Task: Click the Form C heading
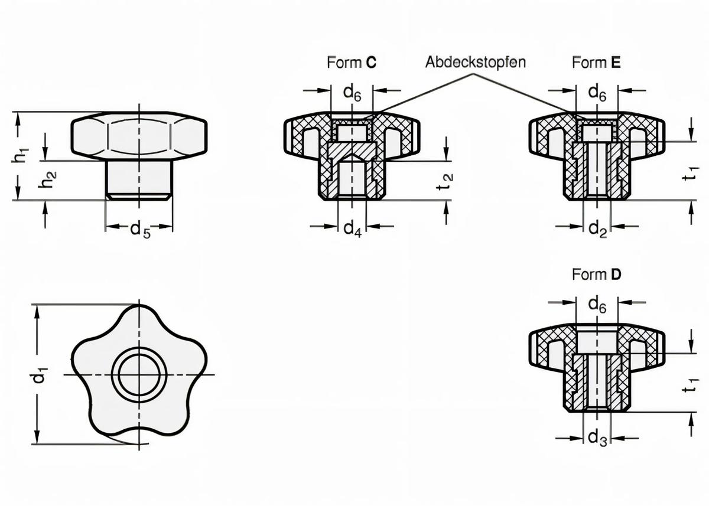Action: (352, 63)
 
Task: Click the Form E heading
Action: (596, 63)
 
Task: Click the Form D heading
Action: (596, 275)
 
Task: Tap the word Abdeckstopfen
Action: (475, 62)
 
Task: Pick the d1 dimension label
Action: (38, 376)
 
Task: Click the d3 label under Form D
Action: (597, 438)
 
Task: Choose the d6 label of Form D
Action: (597, 304)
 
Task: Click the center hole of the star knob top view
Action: (139, 375)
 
